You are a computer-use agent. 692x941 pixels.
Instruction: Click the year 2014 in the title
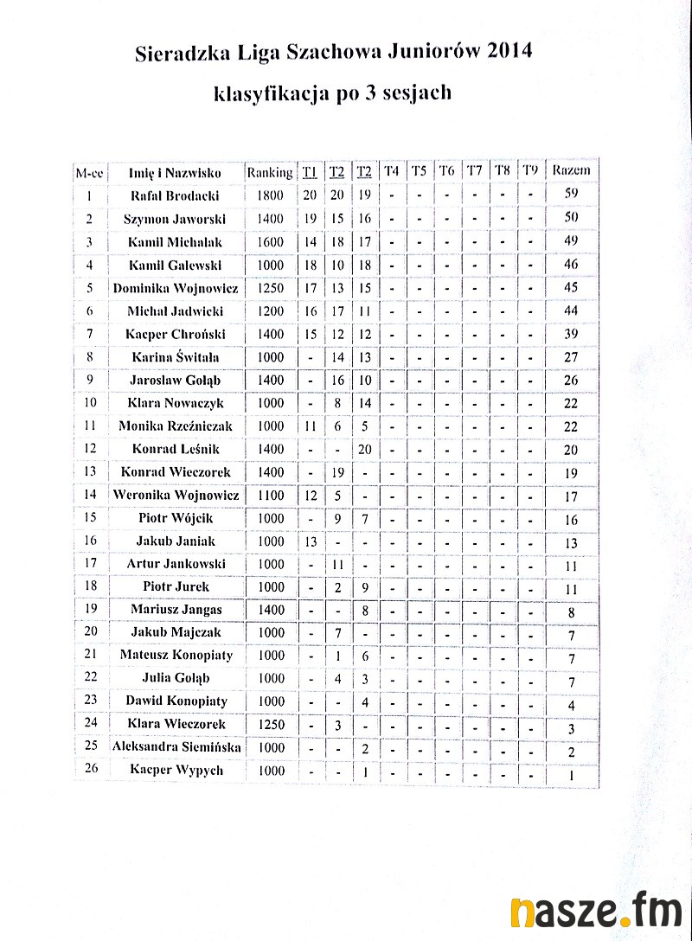tap(509, 53)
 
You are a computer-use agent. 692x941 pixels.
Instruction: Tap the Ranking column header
tap(269, 171)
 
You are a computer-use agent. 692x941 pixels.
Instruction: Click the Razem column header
tap(571, 170)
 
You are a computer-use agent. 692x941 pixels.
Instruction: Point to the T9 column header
tap(529, 170)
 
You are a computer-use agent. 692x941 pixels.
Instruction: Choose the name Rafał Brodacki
tap(174, 195)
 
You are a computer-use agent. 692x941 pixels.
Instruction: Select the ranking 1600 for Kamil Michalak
tap(270, 242)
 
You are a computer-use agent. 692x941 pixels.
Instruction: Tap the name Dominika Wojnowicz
tap(176, 288)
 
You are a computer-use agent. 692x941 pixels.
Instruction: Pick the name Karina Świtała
tap(176, 356)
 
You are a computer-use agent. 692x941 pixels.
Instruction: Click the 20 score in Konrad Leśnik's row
tap(364, 449)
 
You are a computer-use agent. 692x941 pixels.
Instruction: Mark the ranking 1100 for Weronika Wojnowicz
tap(270, 496)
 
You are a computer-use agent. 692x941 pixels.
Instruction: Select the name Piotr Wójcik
tap(176, 518)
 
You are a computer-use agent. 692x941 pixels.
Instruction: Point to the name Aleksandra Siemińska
tap(176, 746)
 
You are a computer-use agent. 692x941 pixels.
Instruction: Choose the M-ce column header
tap(90, 171)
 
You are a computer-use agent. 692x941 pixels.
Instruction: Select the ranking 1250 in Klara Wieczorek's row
tap(270, 724)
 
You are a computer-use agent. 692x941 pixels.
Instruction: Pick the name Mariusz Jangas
tap(176, 609)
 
